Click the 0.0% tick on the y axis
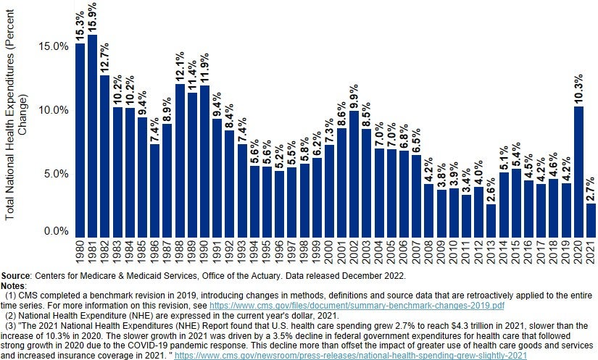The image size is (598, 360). pyautogui.click(x=57, y=231)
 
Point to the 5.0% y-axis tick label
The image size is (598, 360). pyautogui.click(x=57, y=174)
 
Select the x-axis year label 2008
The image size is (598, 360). pyautogui.click(x=430, y=254)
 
